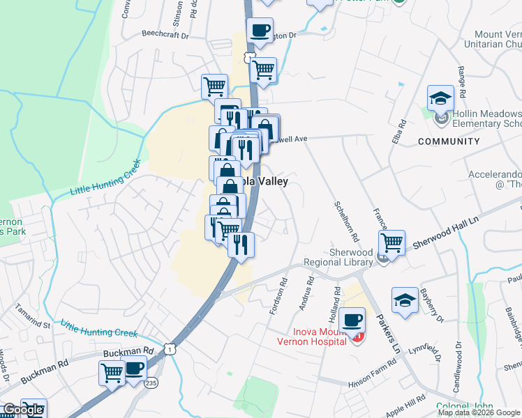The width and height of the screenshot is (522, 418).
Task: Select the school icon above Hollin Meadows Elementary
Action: (x=441, y=99)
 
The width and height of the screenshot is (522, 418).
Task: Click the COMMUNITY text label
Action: (x=449, y=141)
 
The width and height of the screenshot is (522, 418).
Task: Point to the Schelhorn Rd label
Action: (x=345, y=219)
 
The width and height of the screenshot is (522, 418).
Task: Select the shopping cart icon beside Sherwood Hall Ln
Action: (x=392, y=243)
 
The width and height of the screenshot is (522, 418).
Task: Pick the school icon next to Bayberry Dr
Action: (x=405, y=300)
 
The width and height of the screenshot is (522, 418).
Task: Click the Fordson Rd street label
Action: (x=278, y=297)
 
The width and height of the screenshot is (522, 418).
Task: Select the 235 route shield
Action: (x=151, y=382)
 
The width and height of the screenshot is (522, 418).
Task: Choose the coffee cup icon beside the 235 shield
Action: (x=134, y=369)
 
